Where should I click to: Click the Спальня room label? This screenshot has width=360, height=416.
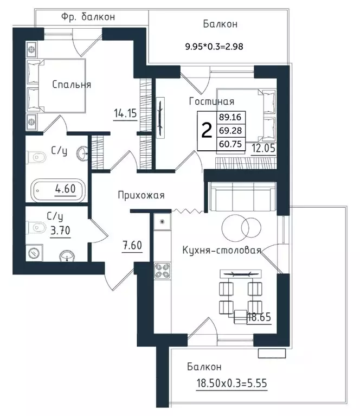(72, 85)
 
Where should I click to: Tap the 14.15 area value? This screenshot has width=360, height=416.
(125, 113)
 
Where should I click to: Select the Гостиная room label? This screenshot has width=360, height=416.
(211, 101)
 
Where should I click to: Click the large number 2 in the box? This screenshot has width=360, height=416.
(207, 131)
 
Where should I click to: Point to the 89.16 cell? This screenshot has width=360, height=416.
(230, 117)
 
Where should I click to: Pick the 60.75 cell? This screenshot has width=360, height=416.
(230, 144)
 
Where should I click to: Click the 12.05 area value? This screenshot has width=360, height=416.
(263, 148)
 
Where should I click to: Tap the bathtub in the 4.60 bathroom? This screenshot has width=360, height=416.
(58, 190)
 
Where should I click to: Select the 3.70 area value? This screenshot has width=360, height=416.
(60, 231)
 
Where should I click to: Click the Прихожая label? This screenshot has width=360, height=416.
(141, 195)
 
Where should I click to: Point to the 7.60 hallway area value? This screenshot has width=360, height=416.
(132, 245)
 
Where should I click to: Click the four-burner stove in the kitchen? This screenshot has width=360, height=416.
(162, 271)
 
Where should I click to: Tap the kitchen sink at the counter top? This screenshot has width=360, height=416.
(162, 221)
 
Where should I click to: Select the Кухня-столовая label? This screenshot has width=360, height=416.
(222, 250)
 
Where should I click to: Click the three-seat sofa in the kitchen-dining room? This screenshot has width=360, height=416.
(242, 196)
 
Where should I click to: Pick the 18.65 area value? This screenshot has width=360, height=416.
(259, 317)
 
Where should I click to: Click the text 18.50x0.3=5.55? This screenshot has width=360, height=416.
(232, 383)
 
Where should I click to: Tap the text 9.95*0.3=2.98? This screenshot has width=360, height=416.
(214, 47)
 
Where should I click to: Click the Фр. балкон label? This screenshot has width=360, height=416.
(88, 17)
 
